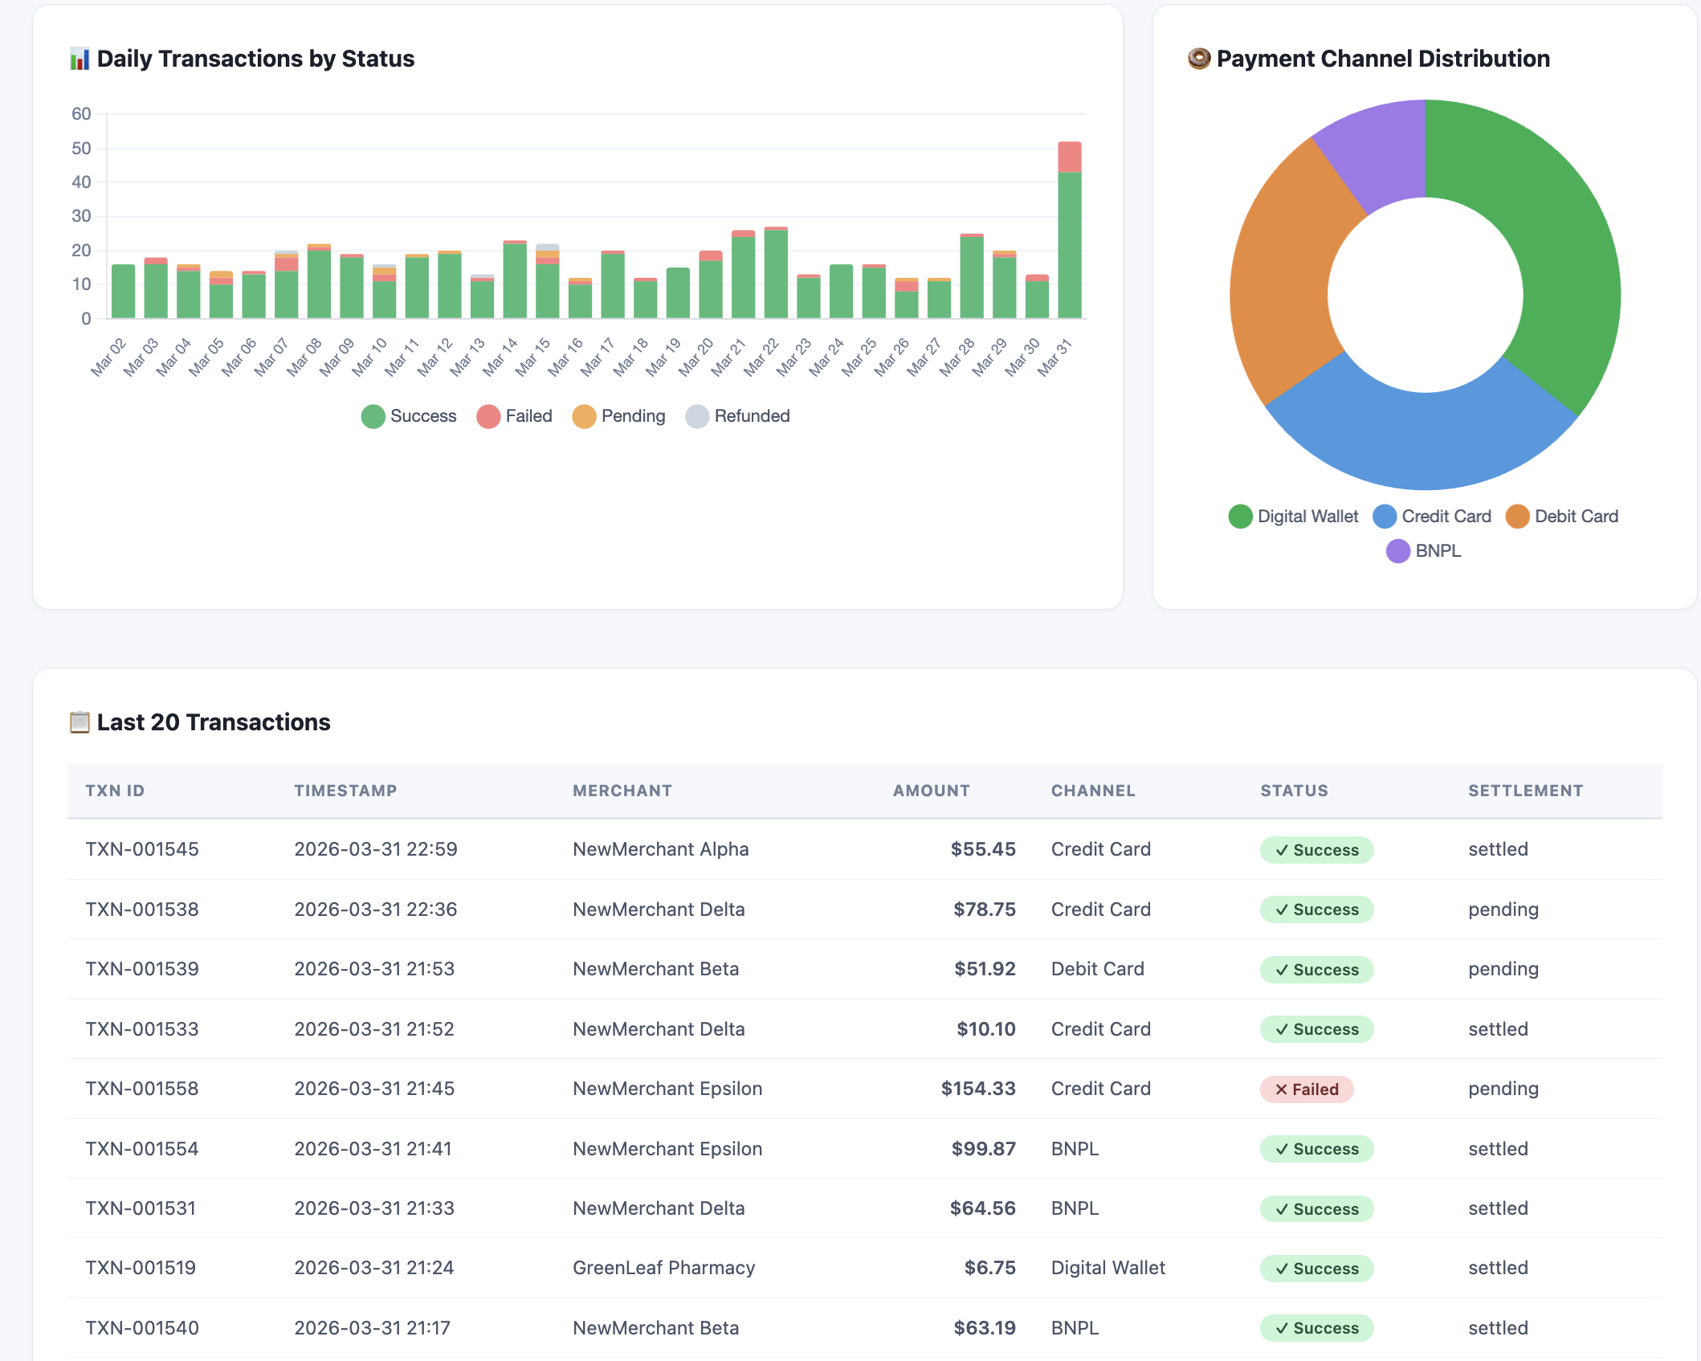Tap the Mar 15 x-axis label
(x=533, y=356)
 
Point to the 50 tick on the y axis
(x=81, y=149)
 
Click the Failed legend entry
(x=514, y=416)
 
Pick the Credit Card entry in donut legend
(x=1432, y=517)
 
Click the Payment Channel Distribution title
(x=1382, y=59)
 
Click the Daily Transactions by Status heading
(x=255, y=59)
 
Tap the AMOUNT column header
(x=931, y=791)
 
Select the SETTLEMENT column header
(x=1525, y=791)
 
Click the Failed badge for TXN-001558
(x=1306, y=1089)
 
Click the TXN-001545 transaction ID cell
(x=142, y=849)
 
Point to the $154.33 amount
(x=977, y=1089)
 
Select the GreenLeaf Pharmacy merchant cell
(x=663, y=1268)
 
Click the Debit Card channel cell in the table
(x=1097, y=969)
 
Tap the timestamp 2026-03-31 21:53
(x=374, y=969)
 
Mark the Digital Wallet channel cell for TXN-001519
(x=1107, y=1268)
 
